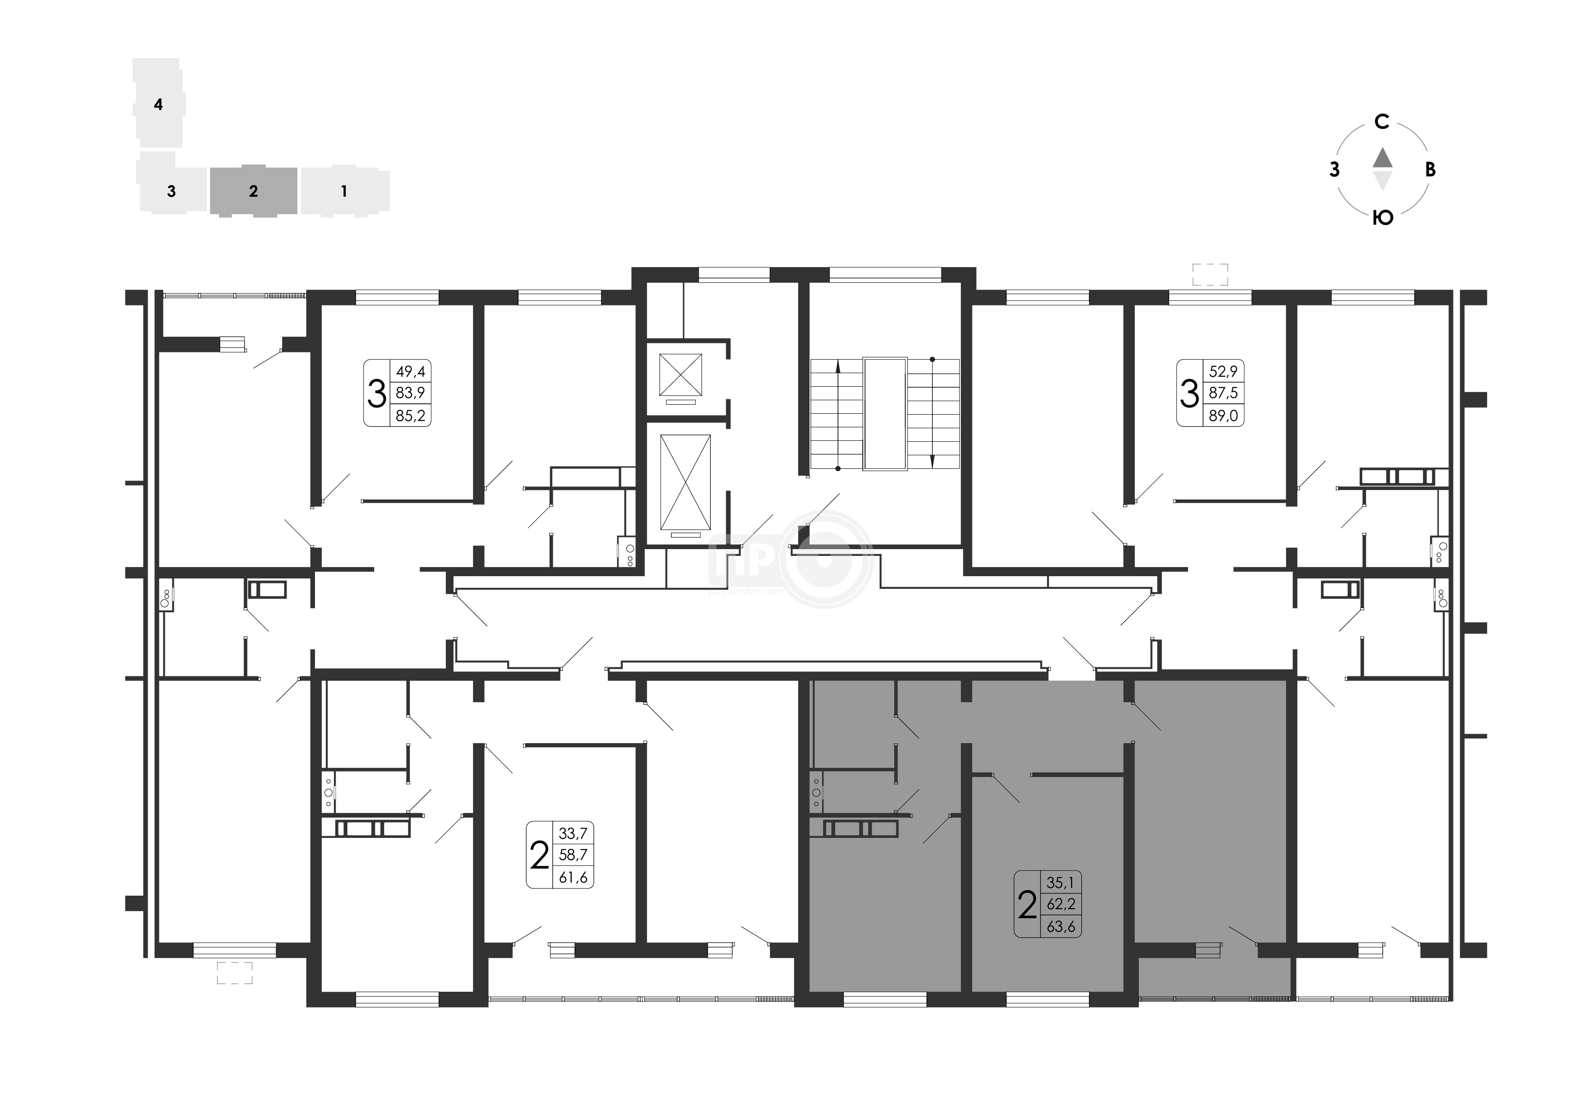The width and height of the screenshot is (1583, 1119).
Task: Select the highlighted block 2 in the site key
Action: point(254,191)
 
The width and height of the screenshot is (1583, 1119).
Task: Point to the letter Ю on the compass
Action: point(1383,218)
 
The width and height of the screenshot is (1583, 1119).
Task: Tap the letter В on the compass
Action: point(1430,170)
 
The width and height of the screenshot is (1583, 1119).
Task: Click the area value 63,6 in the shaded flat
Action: point(1061,927)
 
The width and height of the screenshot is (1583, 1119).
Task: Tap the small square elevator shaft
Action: point(680,375)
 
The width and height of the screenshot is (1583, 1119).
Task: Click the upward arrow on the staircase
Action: point(838,414)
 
